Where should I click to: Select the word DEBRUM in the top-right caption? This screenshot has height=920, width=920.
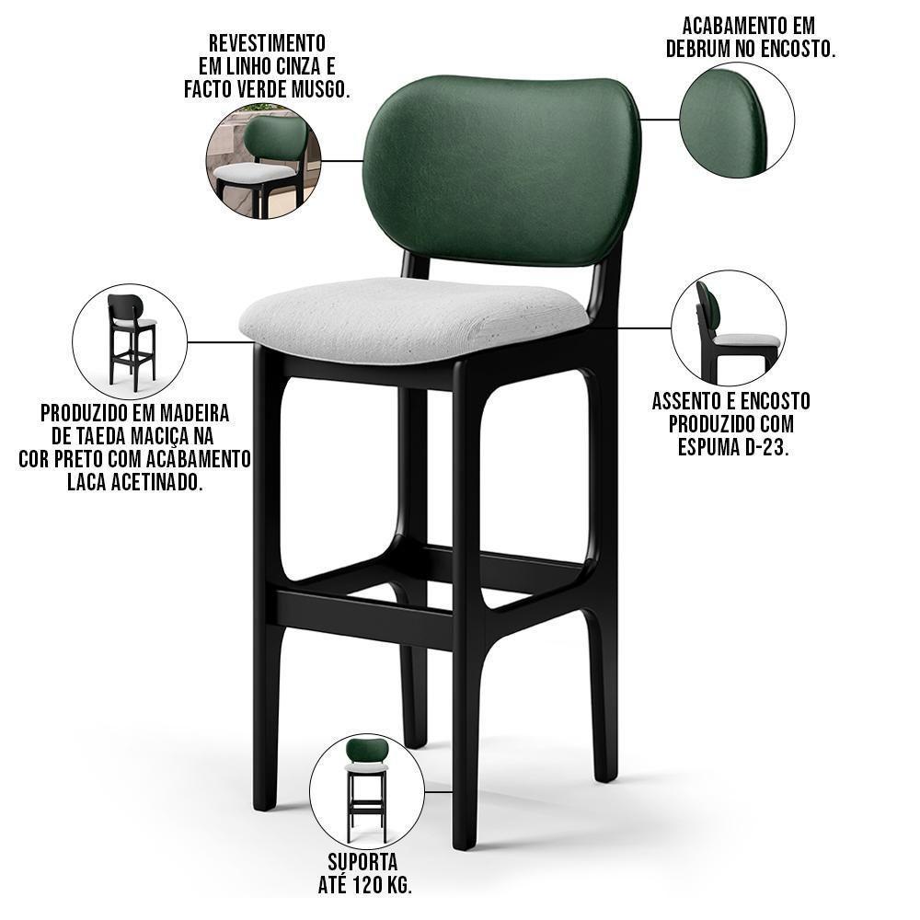706,49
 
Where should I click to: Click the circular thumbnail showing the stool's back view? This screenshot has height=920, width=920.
130,340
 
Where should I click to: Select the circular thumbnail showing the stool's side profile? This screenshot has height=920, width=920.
728,328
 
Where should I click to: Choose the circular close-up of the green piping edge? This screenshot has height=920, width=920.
736,120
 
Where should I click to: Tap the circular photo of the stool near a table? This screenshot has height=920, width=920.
262,162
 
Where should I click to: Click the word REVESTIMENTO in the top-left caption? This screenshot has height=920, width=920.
267,43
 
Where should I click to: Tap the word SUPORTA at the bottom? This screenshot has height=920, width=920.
362,863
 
